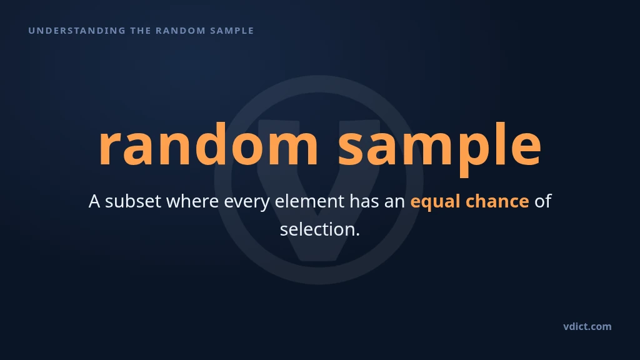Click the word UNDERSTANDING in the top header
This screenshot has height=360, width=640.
(x=77, y=31)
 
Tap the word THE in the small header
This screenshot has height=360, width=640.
(x=141, y=31)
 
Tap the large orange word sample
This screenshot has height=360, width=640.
(x=440, y=149)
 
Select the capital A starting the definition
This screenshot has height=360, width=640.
(x=94, y=201)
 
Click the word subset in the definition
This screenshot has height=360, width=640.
(x=133, y=201)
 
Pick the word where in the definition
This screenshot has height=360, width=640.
(x=192, y=201)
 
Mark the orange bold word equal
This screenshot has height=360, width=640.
(x=436, y=202)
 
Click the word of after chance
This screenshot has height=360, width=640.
(x=543, y=201)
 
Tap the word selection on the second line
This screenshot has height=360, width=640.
(x=317, y=229)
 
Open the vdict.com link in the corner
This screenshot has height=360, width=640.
(x=587, y=326)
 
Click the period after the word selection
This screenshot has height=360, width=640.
(x=357, y=235)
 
